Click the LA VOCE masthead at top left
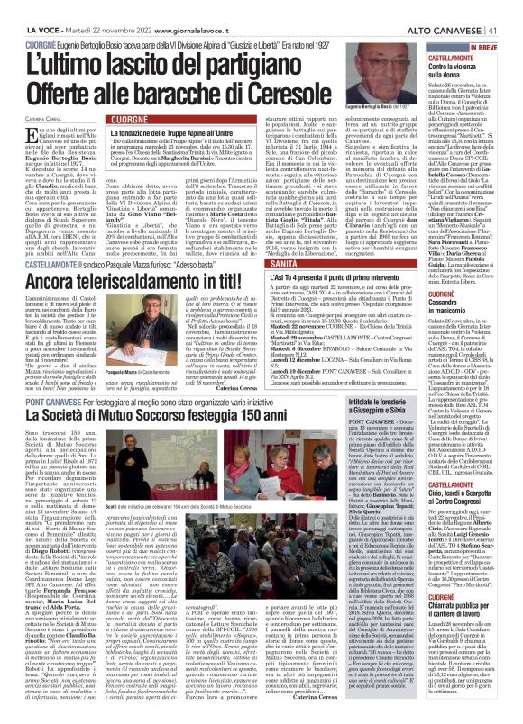tap(28, 8)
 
